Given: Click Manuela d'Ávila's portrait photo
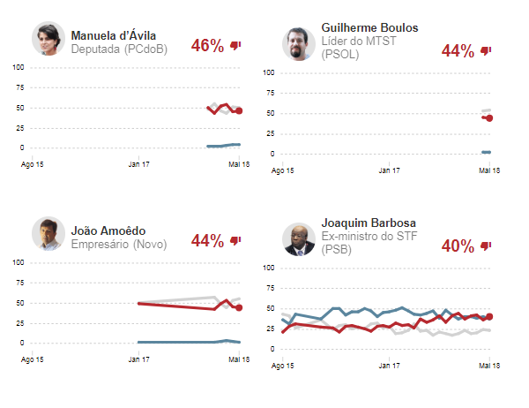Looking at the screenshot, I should (48, 38).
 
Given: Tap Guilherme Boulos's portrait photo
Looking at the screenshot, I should (299, 43).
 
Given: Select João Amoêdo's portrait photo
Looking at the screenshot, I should (48, 233).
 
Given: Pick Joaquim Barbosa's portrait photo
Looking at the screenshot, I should (299, 239).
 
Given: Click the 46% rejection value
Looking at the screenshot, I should (207, 46).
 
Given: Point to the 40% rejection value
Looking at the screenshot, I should (458, 246).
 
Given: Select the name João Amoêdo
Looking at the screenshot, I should (108, 230).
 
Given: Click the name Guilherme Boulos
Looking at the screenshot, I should (370, 28).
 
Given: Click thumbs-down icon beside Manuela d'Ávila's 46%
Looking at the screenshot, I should (235, 46).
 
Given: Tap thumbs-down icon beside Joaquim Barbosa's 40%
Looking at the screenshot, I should (486, 246).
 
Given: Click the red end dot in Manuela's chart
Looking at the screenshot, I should (239, 111).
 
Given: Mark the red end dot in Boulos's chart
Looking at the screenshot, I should (489, 118).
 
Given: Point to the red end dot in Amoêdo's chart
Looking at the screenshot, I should (239, 307).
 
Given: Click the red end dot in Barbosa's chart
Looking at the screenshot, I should (489, 316).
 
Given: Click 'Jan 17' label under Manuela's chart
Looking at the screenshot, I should (138, 164).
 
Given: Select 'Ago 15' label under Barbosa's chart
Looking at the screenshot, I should (283, 366).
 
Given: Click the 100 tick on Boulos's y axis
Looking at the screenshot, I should (270, 72).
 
